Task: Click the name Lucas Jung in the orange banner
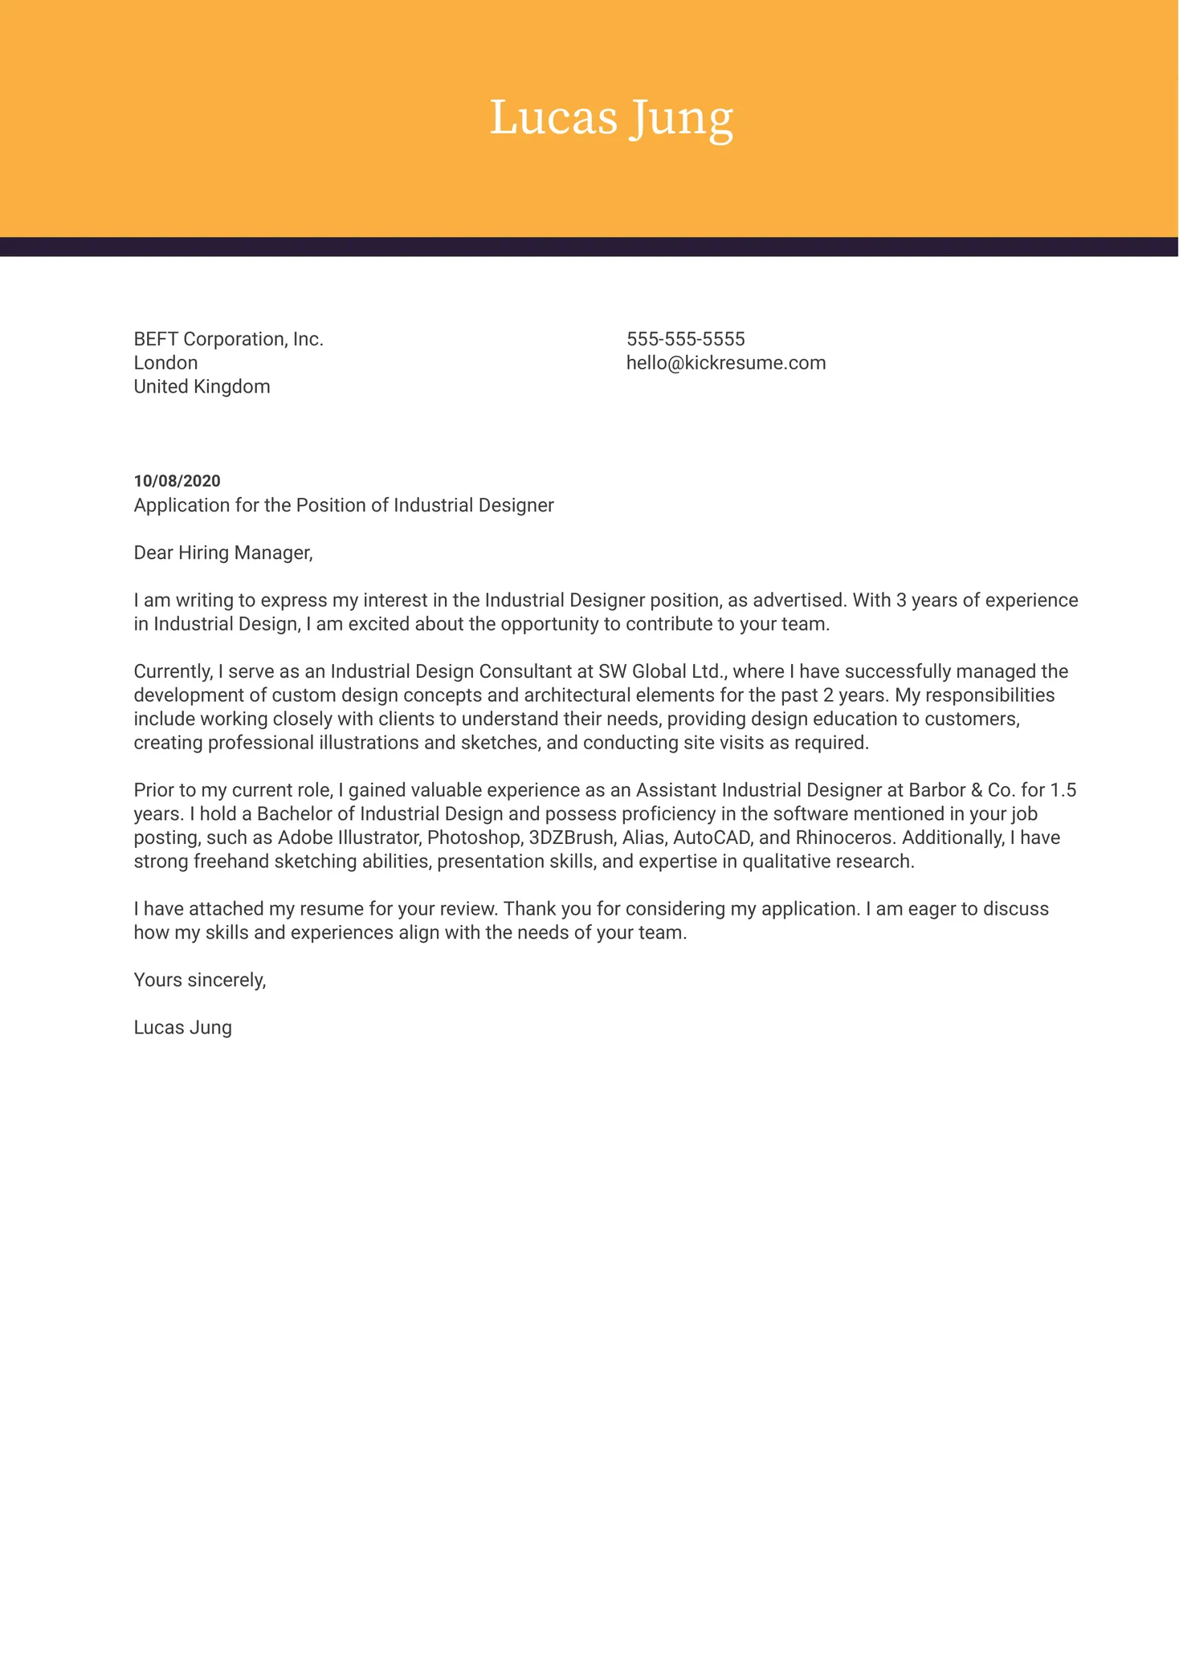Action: (611, 119)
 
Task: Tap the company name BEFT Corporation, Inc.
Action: (228, 340)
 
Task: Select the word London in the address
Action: (165, 363)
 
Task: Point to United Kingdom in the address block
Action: (202, 387)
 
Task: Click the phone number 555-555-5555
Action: (685, 340)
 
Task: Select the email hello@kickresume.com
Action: (725, 363)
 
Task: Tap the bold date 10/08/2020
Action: (177, 481)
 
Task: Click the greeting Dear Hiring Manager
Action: (222, 553)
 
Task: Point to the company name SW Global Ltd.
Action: (662, 672)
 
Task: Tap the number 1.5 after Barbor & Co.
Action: (1063, 791)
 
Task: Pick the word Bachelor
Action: (294, 814)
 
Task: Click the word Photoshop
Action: (474, 838)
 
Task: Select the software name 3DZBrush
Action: (571, 838)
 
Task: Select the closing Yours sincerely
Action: (199, 980)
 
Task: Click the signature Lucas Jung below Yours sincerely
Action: (182, 1028)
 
